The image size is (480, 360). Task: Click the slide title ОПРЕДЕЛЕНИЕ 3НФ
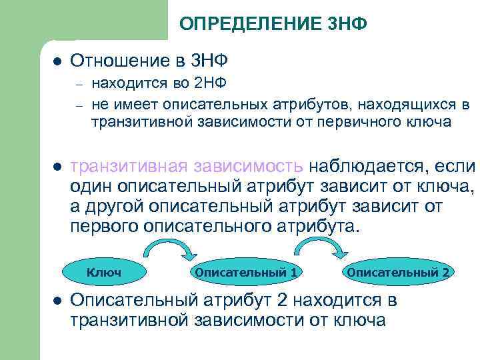tap(273, 25)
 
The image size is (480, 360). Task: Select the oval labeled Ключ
tap(103, 273)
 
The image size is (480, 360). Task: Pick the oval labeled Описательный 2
tap(399, 273)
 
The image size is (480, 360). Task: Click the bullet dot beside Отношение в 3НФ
tap(57, 61)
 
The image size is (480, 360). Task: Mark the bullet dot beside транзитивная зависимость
tap(57, 166)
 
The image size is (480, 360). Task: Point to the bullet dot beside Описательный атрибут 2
tap(57, 301)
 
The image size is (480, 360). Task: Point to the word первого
tap(103, 226)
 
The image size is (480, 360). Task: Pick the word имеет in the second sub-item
tap(126, 104)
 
